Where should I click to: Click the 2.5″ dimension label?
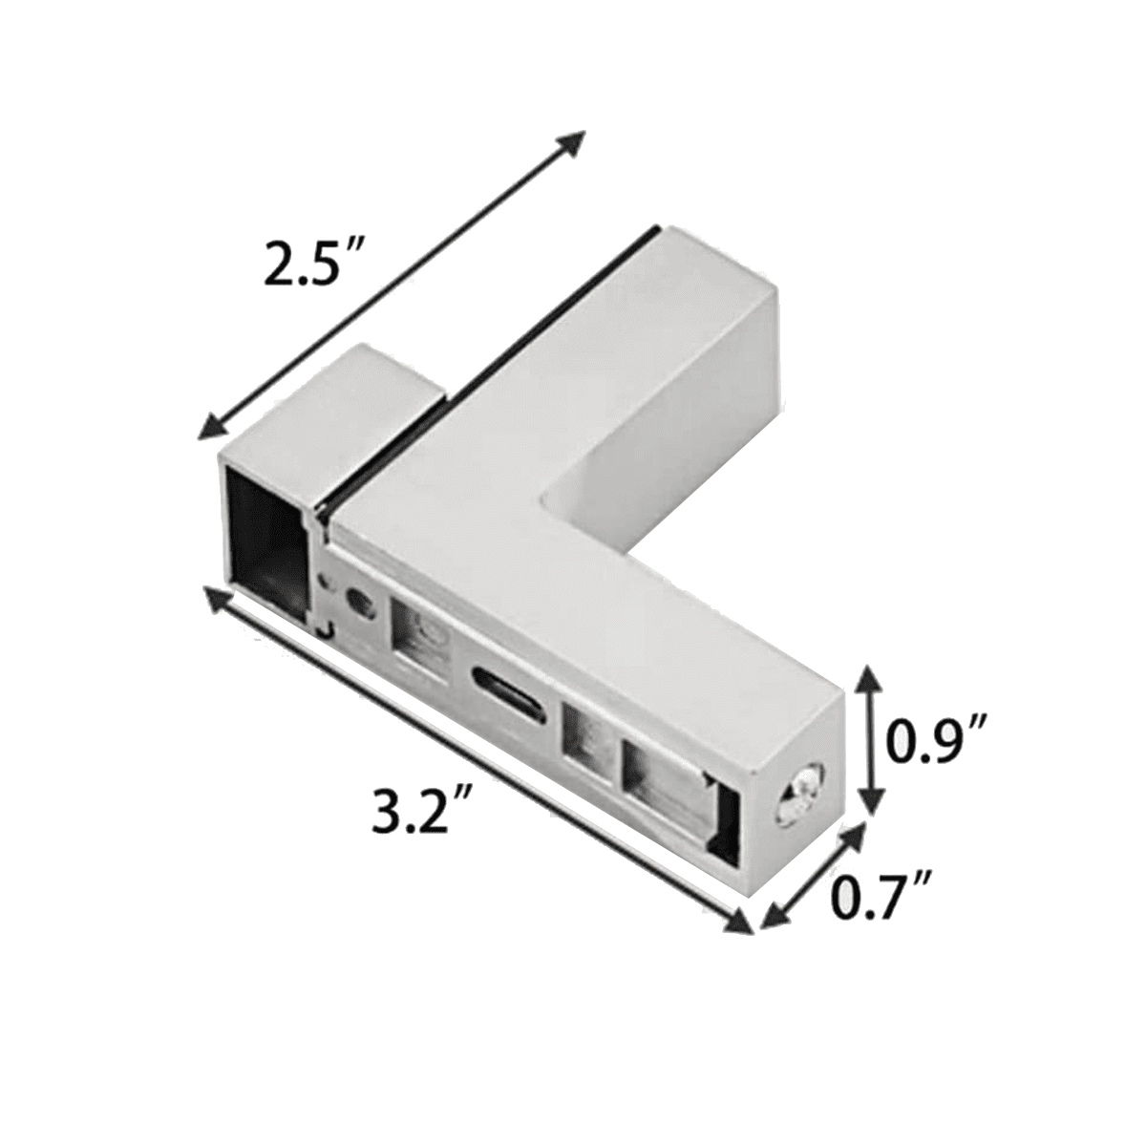tap(311, 265)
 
